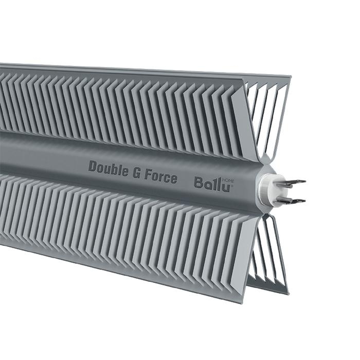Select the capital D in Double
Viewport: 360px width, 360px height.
pos(93,166)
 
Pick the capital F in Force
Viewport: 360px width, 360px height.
pos(148,175)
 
